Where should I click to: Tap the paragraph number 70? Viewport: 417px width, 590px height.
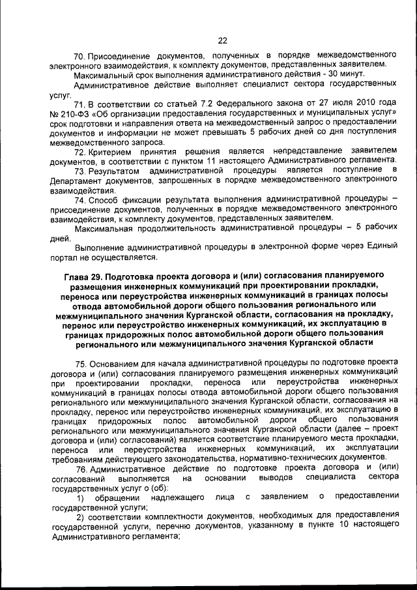coord(80,54)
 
